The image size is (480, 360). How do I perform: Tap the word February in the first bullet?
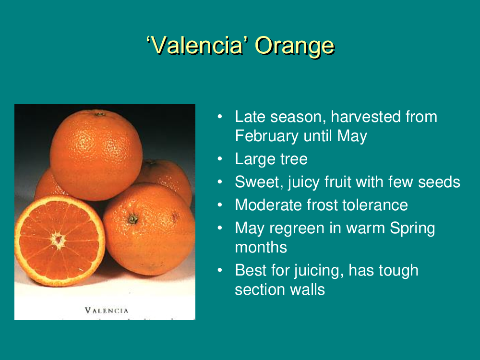pos(266,136)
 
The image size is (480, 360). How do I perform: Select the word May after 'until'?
pos(352,136)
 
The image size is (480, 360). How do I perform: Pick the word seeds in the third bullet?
pos(439,182)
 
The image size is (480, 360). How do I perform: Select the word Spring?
pos(412,228)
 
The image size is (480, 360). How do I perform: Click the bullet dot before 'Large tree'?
pos(220,158)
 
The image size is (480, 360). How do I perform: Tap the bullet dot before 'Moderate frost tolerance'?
pos(220,204)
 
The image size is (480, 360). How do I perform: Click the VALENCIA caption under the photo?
pos(107,311)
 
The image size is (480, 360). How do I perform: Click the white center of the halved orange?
pos(58,240)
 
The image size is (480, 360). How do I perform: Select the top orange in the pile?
pos(96,155)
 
